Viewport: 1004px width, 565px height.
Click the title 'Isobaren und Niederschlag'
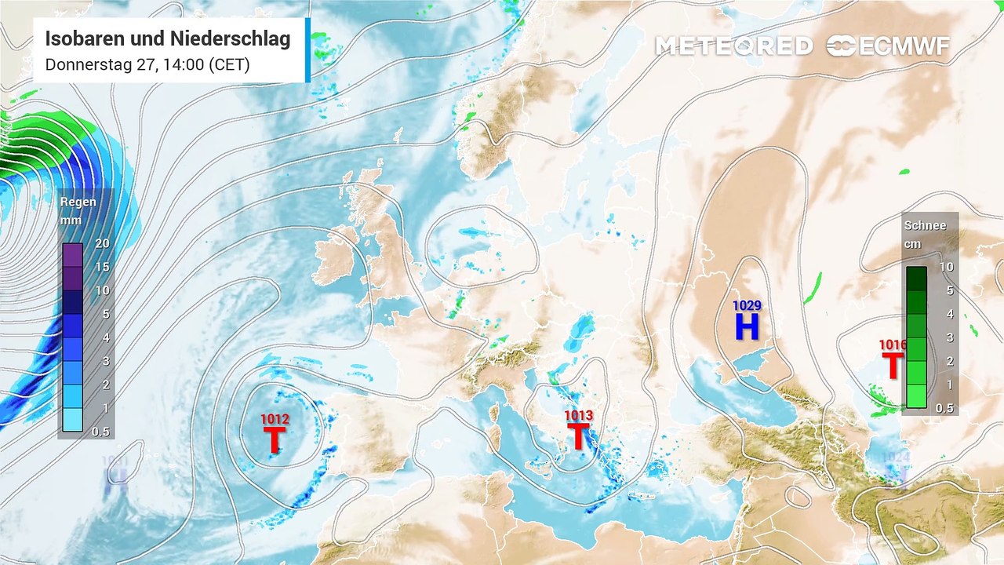(x=168, y=38)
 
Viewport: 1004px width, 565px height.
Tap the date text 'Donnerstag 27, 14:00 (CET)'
(x=147, y=64)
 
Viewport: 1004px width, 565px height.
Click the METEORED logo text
(x=733, y=46)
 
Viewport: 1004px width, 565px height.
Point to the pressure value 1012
(x=275, y=420)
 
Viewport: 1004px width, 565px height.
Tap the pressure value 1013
(x=578, y=416)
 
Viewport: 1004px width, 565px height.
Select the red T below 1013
(x=578, y=436)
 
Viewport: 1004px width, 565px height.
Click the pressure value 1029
(x=747, y=305)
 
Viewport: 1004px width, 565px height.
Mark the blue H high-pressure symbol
(x=747, y=326)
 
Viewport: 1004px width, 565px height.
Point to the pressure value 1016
(x=893, y=344)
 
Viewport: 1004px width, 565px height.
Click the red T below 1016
(x=893, y=366)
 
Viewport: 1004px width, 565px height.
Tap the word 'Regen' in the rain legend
(x=78, y=202)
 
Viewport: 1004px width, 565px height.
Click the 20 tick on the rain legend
(x=102, y=243)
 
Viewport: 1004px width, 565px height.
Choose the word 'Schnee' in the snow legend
(x=925, y=225)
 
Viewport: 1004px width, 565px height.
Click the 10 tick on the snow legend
(x=946, y=267)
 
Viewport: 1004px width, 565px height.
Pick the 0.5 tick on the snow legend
(x=946, y=408)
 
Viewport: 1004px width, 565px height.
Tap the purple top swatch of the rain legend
(x=72, y=255)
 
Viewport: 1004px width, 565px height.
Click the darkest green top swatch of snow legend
(x=916, y=279)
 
